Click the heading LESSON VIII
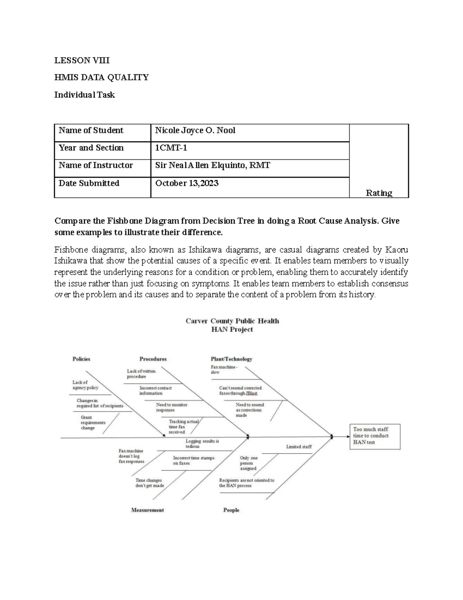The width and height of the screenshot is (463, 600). coord(82,60)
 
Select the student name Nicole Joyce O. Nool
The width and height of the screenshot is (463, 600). coord(195,131)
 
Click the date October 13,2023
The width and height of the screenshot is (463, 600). coord(187,183)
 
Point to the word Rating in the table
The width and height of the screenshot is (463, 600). coord(379,193)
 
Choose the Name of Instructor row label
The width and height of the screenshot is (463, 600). coord(95,165)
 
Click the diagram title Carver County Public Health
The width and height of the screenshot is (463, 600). coord(232,321)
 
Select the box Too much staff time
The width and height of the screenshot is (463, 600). coord(371,436)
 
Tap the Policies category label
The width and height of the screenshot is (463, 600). coord(81,359)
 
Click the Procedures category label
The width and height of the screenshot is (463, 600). coord(153,359)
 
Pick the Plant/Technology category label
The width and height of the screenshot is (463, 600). coord(231,359)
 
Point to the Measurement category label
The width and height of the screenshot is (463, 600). coord(147,510)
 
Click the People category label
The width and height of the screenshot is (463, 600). coord(231,510)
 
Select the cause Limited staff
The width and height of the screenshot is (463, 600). coord(299,447)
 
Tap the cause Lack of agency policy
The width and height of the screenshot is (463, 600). coord(85,385)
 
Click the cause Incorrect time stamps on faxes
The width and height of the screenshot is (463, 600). coord(193,461)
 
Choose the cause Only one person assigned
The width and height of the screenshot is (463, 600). coord(248,463)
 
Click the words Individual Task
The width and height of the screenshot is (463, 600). coord(84,95)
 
